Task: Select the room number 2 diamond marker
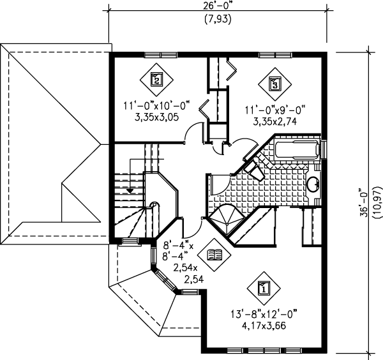coord(154,80)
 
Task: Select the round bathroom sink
coord(314,186)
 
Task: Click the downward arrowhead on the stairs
coord(130,190)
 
